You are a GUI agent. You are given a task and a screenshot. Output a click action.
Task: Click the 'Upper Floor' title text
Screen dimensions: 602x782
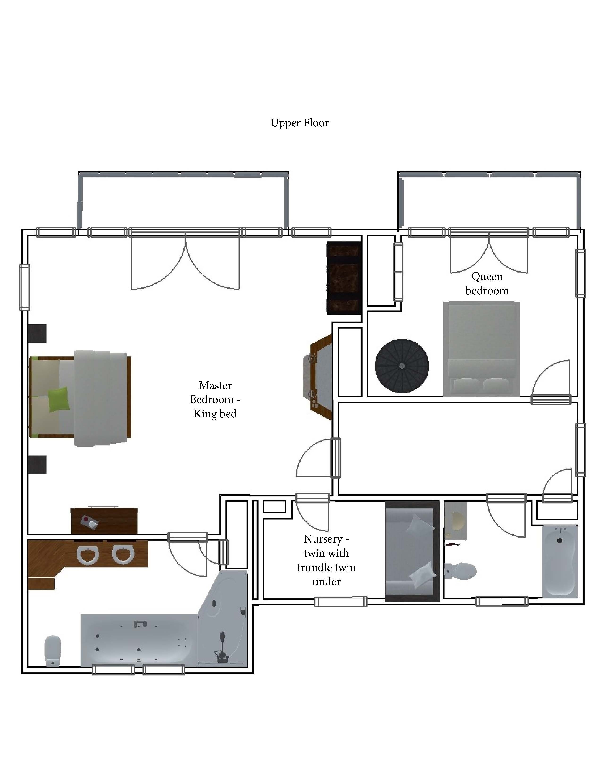click(x=300, y=123)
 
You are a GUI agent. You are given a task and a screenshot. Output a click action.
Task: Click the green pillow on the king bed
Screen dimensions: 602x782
click(x=59, y=400)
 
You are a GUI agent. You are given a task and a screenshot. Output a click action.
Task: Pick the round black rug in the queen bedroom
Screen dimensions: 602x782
click(x=402, y=366)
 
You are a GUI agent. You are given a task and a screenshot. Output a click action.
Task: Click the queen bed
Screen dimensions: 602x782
click(x=481, y=349)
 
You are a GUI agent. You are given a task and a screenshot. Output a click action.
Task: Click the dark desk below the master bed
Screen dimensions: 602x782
click(x=104, y=521)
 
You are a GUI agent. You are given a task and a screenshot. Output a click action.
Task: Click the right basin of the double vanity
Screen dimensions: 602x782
click(x=123, y=555)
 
